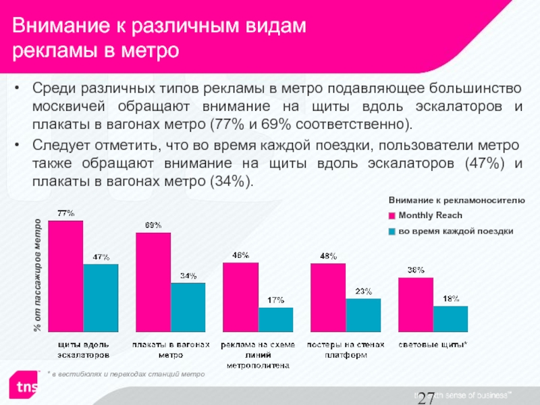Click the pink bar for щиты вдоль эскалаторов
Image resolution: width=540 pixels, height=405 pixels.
65,277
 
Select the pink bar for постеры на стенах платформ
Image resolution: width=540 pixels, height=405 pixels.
328,298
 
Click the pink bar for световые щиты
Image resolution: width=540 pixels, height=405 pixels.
416,305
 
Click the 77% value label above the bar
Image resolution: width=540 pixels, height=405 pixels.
65,214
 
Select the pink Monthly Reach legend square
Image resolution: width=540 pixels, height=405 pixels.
391,216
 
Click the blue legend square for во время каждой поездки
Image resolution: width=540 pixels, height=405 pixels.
391,232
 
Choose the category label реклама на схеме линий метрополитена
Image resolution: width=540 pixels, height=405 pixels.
261,354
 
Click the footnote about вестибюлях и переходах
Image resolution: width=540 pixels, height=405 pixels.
126,373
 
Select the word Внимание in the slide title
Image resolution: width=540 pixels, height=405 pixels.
55,26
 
